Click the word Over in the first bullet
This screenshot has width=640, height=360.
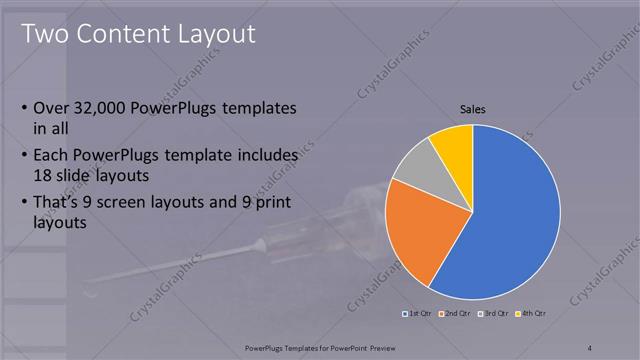pos(52,108)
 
